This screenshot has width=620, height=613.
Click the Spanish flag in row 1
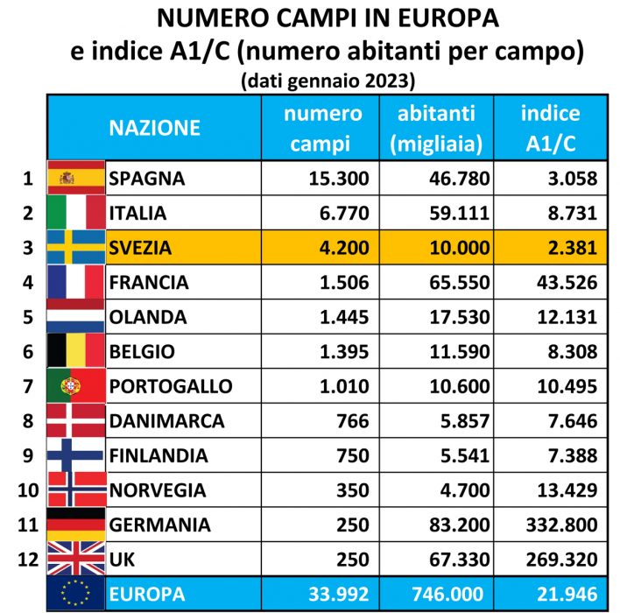(x=75, y=179)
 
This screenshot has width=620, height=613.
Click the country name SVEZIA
(x=140, y=248)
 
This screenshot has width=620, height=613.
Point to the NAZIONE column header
(x=154, y=128)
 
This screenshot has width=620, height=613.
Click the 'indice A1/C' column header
(x=549, y=128)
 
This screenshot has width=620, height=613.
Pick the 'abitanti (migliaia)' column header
(x=435, y=128)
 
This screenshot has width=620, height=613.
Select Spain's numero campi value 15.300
(x=339, y=179)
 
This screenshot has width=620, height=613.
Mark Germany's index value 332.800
(x=555, y=525)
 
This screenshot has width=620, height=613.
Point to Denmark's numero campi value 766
(x=353, y=421)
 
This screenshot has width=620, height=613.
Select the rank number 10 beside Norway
(x=27, y=490)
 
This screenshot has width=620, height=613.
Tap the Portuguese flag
(x=75, y=386)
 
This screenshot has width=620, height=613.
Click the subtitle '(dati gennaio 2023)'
(x=326, y=81)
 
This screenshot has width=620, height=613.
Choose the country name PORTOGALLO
(x=170, y=386)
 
